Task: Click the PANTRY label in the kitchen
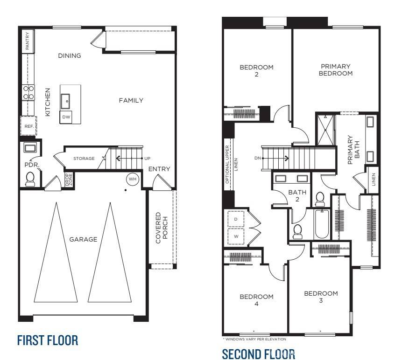(28, 41)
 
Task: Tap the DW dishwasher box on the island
(66, 117)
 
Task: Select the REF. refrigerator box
(28, 126)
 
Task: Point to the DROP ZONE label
(68, 180)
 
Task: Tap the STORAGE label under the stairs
(84, 159)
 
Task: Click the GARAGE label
(83, 239)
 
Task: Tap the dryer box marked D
(235, 219)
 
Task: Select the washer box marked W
(235, 236)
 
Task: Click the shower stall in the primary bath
(326, 129)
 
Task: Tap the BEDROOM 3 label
(321, 297)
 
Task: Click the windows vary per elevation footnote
(254, 339)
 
